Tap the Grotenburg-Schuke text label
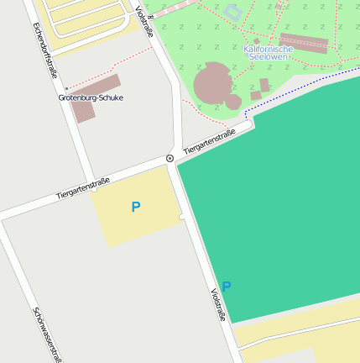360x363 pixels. click(91, 98)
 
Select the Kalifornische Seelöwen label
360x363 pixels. click(269, 53)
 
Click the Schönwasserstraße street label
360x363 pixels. click(47, 334)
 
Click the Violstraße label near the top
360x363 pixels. click(144, 21)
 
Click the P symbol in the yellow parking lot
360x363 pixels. click(136, 207)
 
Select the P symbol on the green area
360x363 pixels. click(226, 286)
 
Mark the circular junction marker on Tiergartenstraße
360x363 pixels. click(170, 158)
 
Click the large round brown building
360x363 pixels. click(214, 83)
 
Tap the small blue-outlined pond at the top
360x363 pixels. click(232, 12)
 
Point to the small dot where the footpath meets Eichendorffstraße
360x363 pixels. click(66, 87)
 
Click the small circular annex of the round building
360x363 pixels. click(234, 103)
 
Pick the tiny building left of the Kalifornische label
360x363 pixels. click(256, 40)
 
